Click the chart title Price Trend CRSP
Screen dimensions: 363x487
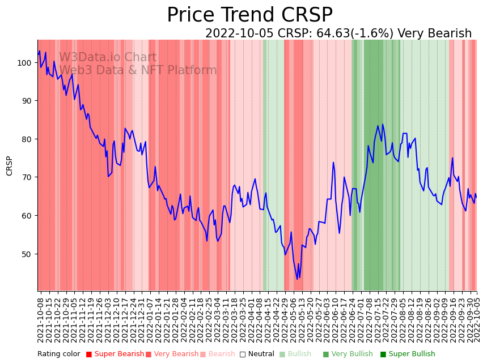click(x=249, y=15)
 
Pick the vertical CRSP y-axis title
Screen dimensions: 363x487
click(x=10, y=165)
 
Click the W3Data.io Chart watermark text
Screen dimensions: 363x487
click(x=108, y=57)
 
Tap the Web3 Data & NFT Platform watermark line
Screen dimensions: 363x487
click(x=138, y=70)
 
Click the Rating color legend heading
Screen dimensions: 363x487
click(x=59, y=354)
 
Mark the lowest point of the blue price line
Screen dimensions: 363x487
click(x=297, y=279)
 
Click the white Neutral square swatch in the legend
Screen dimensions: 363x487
click(x=242, y=354)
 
